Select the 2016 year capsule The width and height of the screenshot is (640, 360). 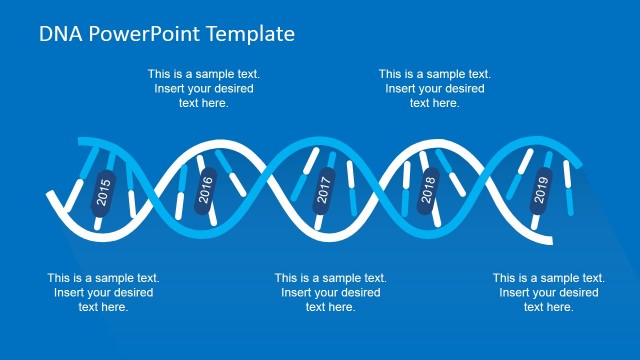[x=206, y=189]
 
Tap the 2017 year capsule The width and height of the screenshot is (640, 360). [x=322, y=189]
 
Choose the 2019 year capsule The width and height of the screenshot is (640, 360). [x=541, y=190]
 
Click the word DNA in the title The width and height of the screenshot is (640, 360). [x=60, y=33]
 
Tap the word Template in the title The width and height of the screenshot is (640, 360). [x=251, y=33]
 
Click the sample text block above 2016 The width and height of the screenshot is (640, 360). [x=203, y=88]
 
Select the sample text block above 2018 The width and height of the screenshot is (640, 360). [x=434, y=88]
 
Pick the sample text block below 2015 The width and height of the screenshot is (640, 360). [x=103, y=292]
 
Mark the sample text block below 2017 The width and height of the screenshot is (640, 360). [x=330, y=292]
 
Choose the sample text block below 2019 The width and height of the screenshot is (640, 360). [x=548, y=292]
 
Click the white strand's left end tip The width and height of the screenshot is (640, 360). [x=48, y=193]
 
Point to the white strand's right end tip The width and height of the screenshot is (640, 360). [x=549, y=241]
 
